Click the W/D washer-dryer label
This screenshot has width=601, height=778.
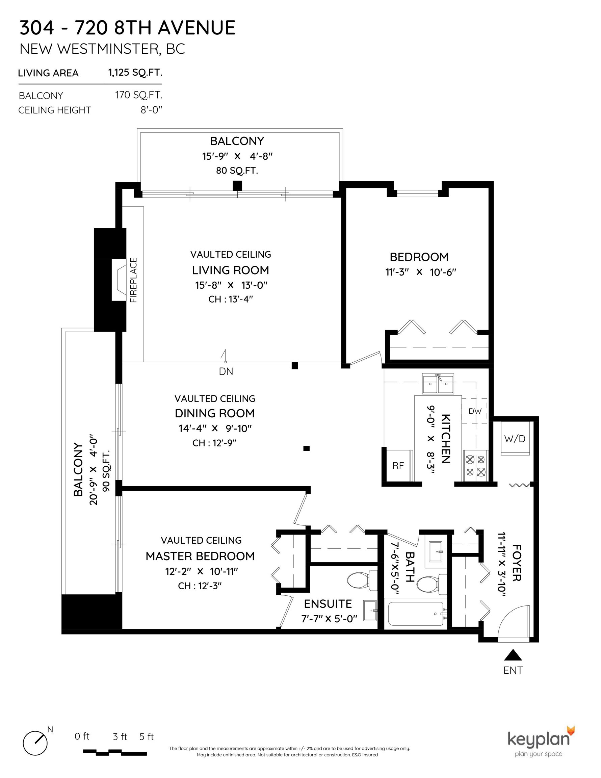click(x=515, y=439)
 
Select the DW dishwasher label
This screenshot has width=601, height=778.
click(x=475, y=411)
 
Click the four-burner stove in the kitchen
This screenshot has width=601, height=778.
click(x=476, y=466)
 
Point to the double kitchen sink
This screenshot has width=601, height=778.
click(x=438, y=384)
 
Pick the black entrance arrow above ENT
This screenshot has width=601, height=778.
click(x=513, y=655)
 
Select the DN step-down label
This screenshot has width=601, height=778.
click(x=226, y=371)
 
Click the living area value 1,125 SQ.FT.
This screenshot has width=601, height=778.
click(x=135, y=73)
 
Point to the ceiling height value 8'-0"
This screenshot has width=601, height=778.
click(x=151, y=110)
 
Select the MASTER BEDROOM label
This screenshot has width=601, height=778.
click(x=200, y=556)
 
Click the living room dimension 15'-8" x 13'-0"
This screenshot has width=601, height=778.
click(x=231, y=285)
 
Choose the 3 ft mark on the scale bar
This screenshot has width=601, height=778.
click(x=120, y=736)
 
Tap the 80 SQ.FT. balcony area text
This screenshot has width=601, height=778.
click(x=237, y=171)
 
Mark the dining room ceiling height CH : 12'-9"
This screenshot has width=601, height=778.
click(x=214, y=443)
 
